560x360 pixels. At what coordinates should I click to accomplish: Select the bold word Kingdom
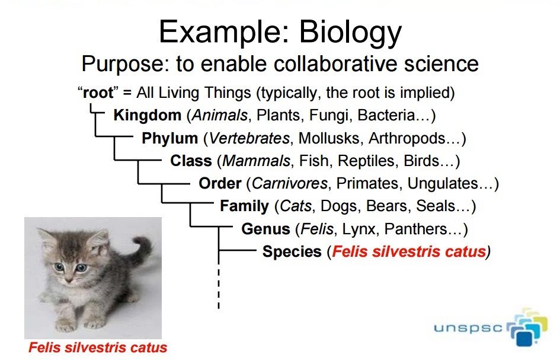point(147,116)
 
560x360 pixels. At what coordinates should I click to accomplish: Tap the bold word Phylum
point(169,138)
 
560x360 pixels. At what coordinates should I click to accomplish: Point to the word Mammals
point(257,161)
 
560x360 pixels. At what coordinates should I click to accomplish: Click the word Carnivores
point(290,183)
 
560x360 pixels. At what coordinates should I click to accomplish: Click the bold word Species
point(292,251)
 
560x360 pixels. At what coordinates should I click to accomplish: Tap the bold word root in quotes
point(98,93)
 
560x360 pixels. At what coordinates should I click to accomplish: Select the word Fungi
point(328,116)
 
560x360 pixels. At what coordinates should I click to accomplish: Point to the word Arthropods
point(407,138)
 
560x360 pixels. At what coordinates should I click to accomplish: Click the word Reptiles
point(366,161)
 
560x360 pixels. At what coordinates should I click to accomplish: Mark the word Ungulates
point(442,184)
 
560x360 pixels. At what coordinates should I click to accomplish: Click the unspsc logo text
point(468,327)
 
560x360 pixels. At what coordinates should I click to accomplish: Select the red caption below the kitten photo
point(98,348)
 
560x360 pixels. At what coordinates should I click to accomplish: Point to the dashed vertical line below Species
point(219,288)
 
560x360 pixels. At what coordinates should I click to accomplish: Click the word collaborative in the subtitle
point(335,64)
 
